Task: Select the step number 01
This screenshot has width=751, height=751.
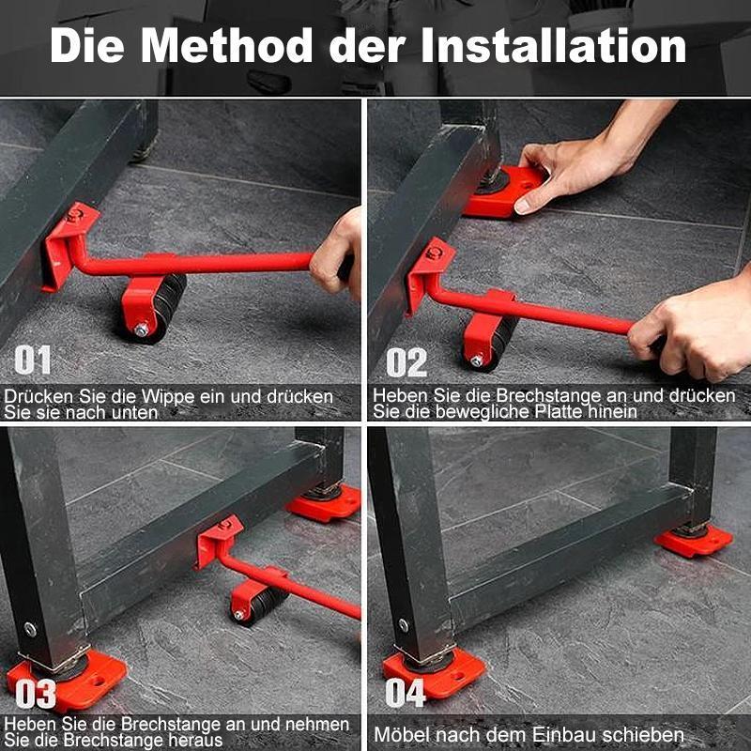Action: click(33, 361)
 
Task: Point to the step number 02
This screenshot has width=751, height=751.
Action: click(406, 362)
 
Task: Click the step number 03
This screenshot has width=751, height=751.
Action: click(35, 694)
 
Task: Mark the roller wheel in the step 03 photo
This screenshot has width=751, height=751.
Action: click(260, 601)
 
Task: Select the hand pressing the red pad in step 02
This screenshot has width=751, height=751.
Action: click(563, 169)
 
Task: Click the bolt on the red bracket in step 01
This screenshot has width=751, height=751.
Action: click(74, 215)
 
